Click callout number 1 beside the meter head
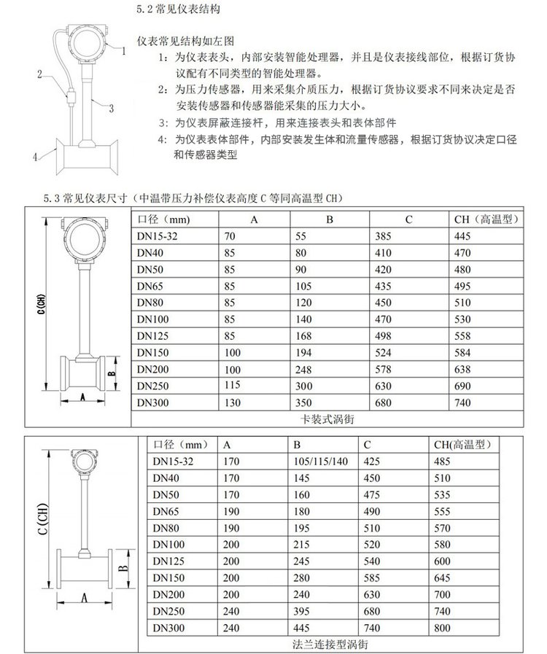point(124,51)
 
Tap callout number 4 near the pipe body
point(34,155)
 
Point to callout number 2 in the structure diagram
point(42,73)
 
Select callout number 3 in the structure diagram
point(111,109)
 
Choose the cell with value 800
point(443,628)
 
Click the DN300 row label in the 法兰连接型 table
point(168,628)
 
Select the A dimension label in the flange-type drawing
point(83,599)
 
